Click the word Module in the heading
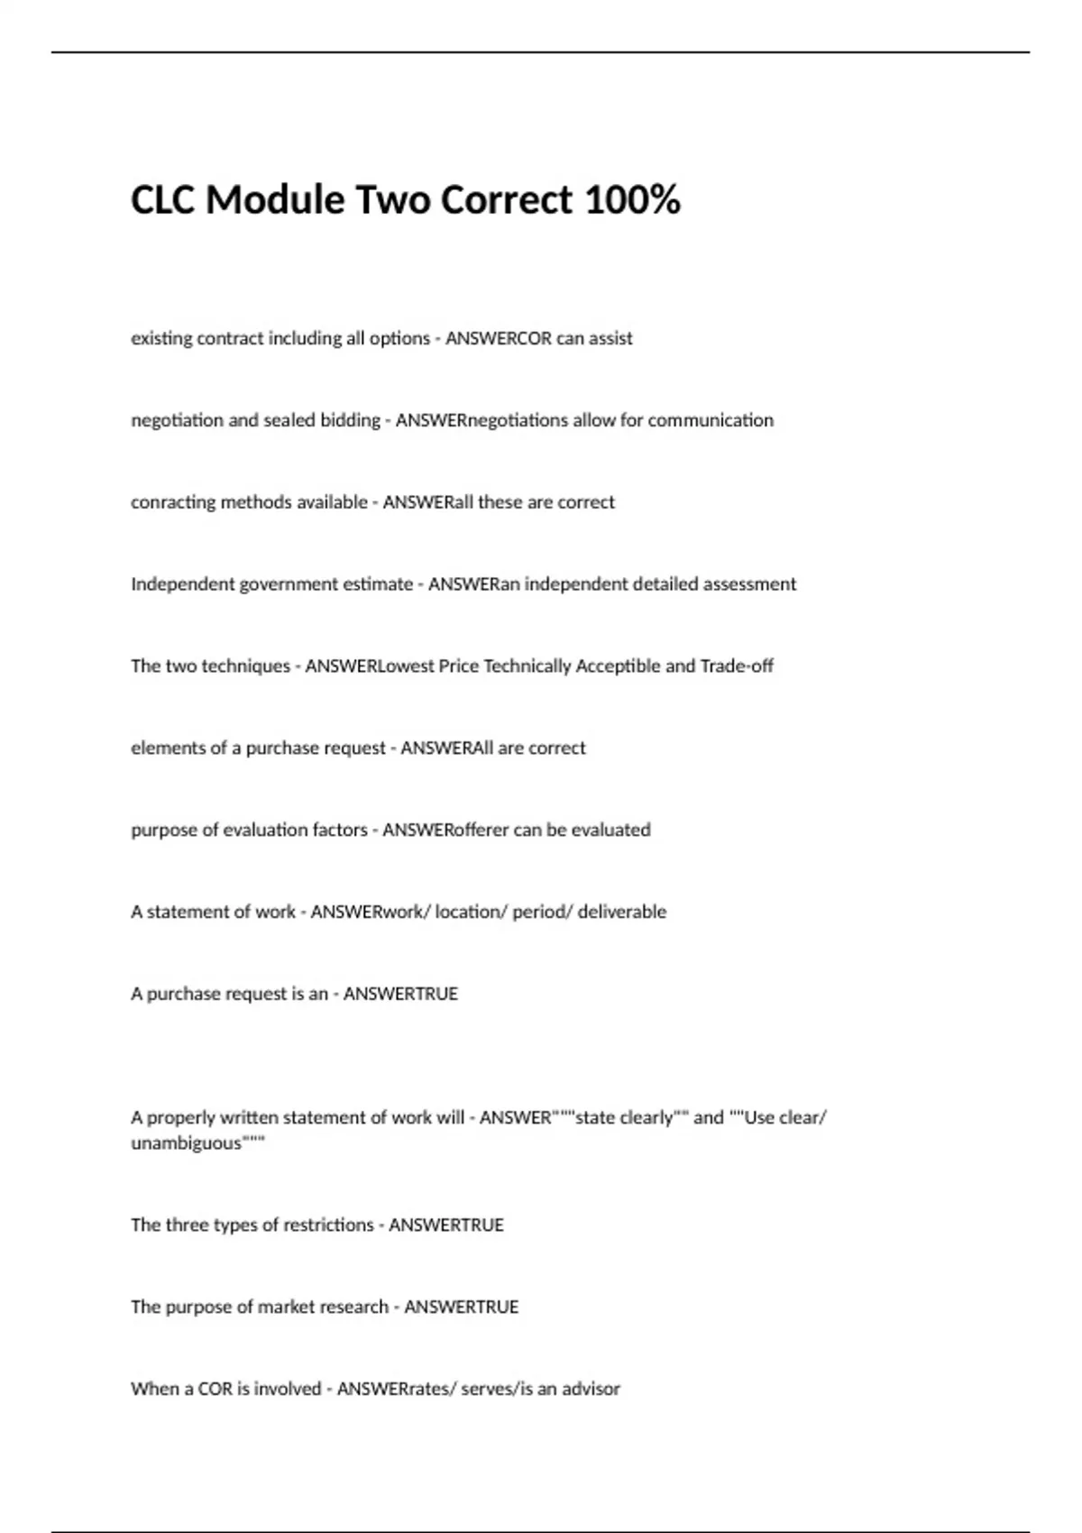(275, 199)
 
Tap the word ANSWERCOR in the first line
(498, 338)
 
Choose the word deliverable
(622, 913)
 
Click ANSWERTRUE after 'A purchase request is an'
(400, 995)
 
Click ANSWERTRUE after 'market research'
(461, 1308)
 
